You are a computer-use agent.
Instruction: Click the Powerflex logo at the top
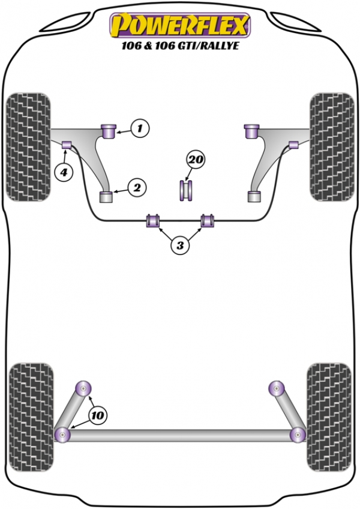(180, 26)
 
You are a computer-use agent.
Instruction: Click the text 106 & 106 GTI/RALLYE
(180, 45)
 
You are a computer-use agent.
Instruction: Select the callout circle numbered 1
(140, 128)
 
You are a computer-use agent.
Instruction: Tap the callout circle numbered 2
(137, 187)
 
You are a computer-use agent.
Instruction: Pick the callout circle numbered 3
(180, 245)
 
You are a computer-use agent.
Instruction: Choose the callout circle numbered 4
(64, 172)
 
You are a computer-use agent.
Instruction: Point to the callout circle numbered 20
(196, 160)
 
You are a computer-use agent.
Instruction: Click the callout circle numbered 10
(98, 415)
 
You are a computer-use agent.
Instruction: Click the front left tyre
(29, 147)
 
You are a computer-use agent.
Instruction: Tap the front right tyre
(332, 147)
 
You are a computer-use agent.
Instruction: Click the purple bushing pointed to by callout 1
(109, 131)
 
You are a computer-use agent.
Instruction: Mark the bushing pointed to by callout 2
(106, 197)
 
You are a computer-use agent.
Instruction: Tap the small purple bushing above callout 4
(67, 145)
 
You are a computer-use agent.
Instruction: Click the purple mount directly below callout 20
(187, 190)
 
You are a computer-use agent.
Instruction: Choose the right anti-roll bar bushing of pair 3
(208, 220)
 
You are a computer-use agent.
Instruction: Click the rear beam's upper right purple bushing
(277, 388)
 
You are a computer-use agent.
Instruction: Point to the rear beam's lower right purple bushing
(298, 435)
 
